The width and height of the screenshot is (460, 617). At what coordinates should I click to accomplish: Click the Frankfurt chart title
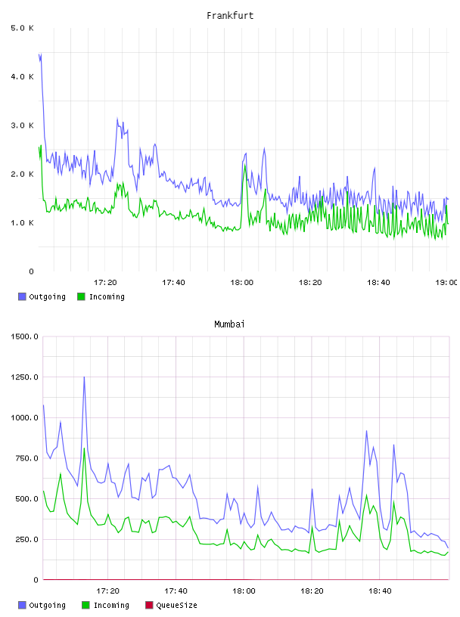230,16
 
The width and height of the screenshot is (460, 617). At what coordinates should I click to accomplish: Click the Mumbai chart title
229,324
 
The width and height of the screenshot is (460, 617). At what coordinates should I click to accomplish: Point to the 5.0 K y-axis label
22,28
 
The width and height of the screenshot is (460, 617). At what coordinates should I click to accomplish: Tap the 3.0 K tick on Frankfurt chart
22,126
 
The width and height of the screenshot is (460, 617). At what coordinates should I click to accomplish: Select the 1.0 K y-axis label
22,223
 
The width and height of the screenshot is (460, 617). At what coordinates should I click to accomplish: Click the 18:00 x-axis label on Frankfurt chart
241,283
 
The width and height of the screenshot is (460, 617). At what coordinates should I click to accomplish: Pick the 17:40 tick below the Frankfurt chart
173,283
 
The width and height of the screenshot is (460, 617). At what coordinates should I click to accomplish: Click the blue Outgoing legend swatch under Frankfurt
22,296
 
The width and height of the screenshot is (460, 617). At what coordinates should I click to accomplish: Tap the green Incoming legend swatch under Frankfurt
81,296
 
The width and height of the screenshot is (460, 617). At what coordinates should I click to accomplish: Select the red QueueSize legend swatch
149,605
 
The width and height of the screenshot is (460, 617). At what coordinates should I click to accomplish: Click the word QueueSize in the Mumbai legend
176,605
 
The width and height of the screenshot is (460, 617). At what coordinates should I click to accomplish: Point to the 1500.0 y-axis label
24,336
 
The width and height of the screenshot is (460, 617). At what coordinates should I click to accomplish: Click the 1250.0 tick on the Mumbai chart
24,377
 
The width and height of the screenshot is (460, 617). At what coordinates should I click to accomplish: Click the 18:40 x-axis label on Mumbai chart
380,591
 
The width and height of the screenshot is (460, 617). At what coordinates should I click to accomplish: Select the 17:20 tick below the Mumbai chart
107,591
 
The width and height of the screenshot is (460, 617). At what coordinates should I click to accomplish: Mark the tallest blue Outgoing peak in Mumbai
84,377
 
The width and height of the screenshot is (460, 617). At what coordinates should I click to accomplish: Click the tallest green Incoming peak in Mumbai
84,448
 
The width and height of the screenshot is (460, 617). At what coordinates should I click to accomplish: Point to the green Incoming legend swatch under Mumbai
85,605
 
